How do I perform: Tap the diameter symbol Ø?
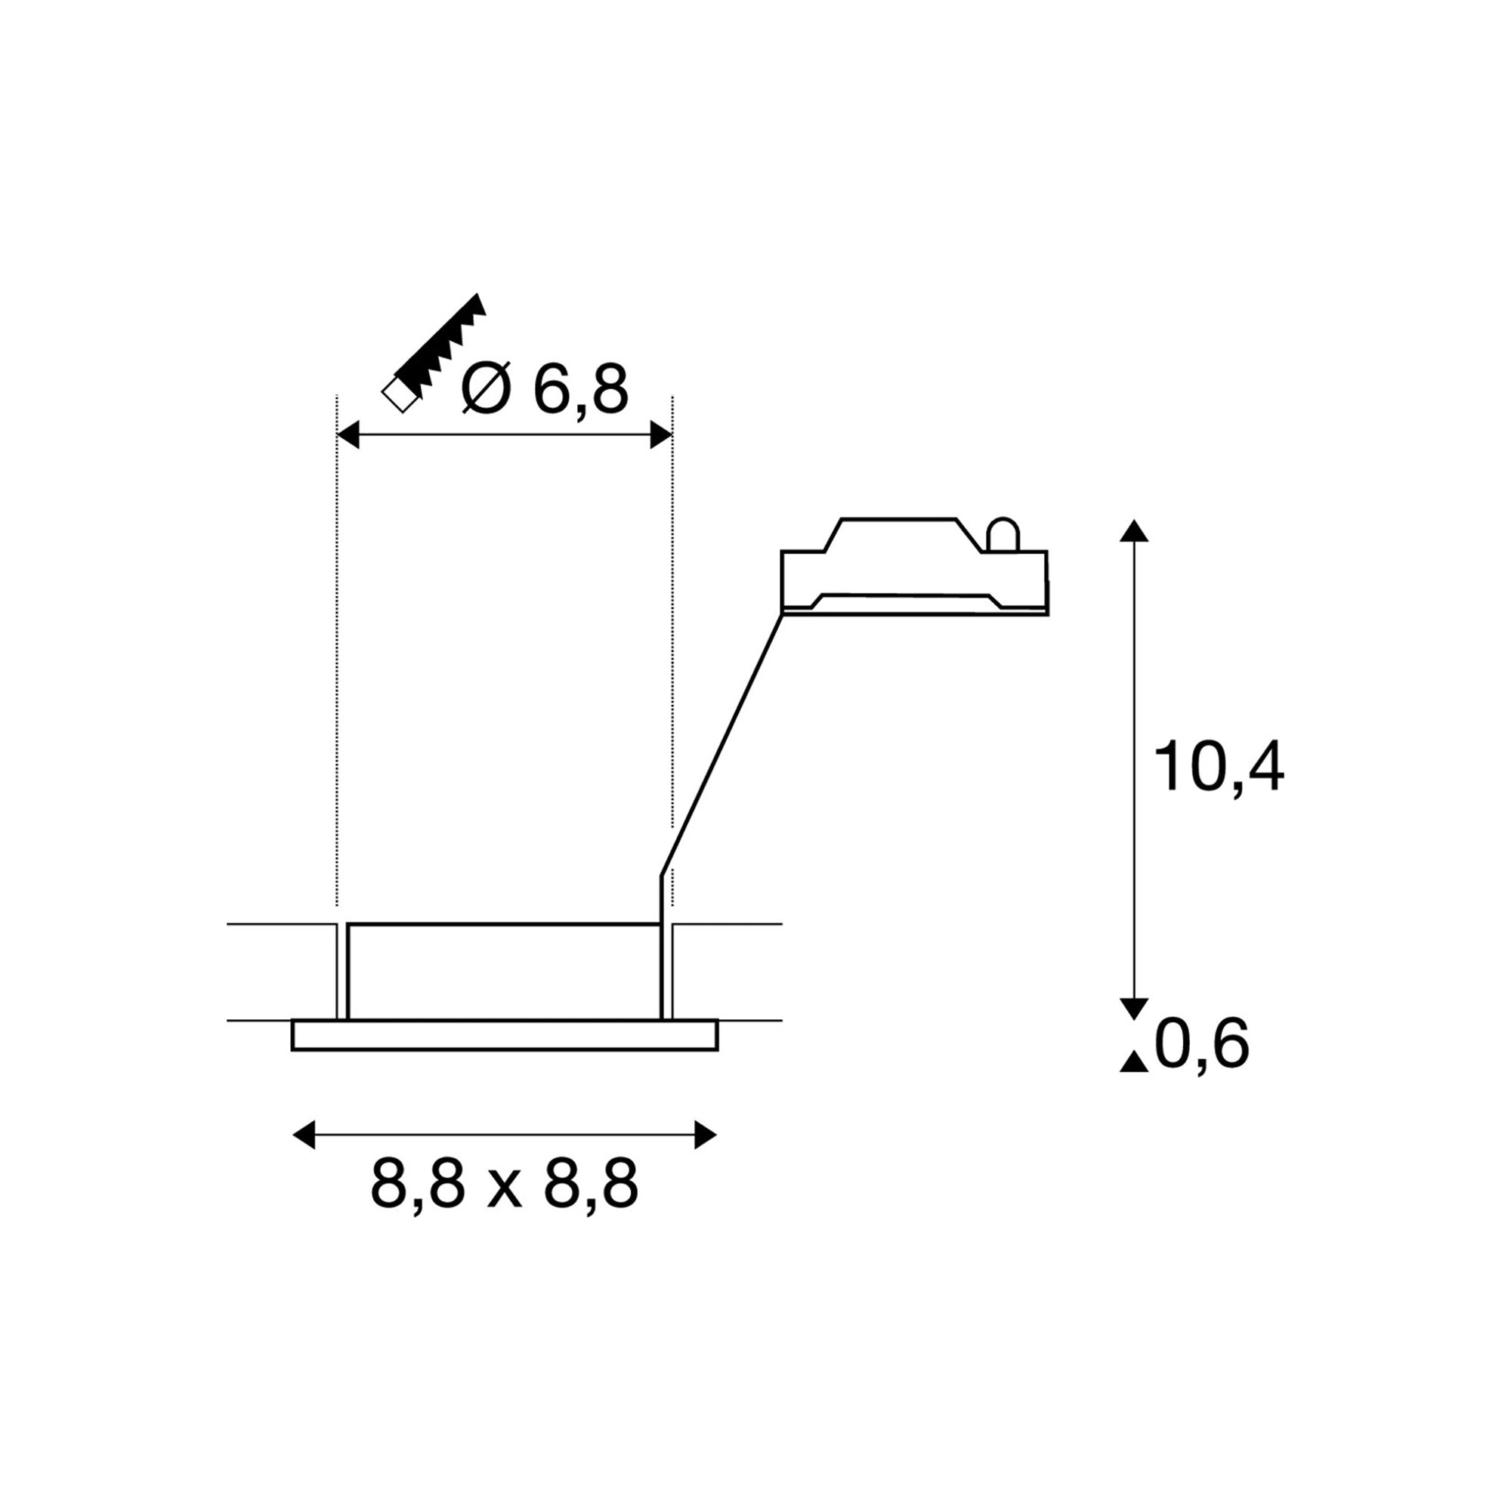pos(487,388)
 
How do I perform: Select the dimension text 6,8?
pos(580,391)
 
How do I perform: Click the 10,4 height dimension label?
pos(1218,768)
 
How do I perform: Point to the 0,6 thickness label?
pos(1202,1044)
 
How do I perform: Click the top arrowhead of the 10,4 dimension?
pos(1134,531)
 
